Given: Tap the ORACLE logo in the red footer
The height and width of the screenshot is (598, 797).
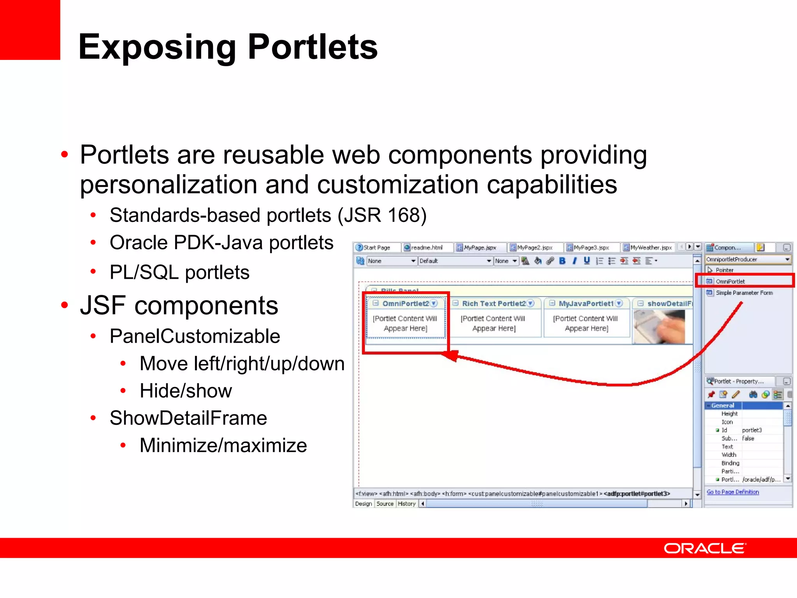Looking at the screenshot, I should click(x=704, y=548).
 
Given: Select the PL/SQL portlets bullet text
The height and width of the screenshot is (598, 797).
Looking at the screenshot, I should click(x=179, y=272).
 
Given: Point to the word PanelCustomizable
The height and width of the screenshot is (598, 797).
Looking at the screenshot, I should click(x=195, y=336).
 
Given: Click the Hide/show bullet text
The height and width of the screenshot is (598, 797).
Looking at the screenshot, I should click(x=186, y=391).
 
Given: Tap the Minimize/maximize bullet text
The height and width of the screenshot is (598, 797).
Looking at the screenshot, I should click(x=223, y=445).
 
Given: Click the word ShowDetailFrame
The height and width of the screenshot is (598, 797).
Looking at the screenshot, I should click(x=188, y=418).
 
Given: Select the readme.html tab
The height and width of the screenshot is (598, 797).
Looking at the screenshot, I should click(x=426, y=248).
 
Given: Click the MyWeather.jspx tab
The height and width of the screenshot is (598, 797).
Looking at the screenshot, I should click(x=650, y=248).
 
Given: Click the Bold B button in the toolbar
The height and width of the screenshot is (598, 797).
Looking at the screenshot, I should click(x=562, y=261).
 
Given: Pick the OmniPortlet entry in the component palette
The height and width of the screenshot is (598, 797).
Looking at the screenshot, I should click(x=730, y=281).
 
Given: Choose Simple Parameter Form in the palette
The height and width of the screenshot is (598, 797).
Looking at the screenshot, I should click(x=744, y=293).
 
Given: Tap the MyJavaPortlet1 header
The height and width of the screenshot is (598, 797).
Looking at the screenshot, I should click(x=586, y=304).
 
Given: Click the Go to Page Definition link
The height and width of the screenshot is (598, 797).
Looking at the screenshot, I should click(x=732, y=492).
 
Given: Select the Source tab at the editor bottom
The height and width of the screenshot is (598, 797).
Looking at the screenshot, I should click(x=385, y=504).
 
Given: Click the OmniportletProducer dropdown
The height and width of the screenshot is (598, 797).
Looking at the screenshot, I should click(x=748, y=259).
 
